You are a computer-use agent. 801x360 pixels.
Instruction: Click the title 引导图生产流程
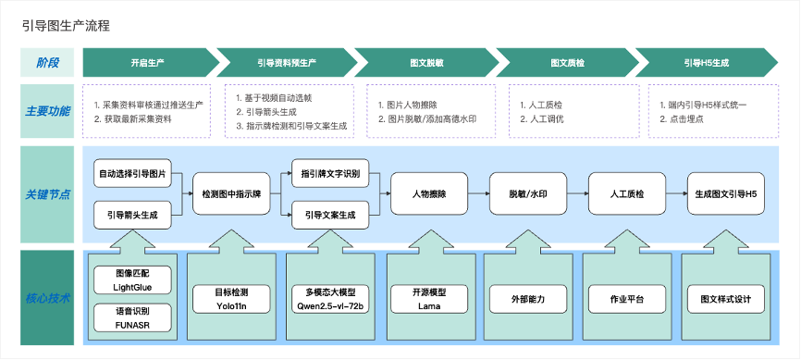[66, 26]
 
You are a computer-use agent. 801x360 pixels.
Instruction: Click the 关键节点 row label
[47, 195]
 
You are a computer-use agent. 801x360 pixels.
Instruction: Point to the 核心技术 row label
[47, 298]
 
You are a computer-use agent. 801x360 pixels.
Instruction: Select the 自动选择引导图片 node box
[133, 174]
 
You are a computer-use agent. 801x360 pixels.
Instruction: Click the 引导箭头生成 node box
[133, 215]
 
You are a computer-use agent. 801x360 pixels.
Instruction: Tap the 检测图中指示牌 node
[231, 193]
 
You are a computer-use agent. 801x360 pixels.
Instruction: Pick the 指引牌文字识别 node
[330, 174]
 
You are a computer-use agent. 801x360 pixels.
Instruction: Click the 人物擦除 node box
[429, 193]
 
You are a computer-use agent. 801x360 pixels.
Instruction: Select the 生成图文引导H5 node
[726, 193]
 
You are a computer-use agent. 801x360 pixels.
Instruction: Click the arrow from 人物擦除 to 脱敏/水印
[479, 193]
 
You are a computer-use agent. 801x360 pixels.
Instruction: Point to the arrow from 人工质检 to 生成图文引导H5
[676, 193]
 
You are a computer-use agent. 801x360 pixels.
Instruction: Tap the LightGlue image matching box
[133, 279]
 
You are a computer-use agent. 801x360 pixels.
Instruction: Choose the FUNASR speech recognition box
[133, 317]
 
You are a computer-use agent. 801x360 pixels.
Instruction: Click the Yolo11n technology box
[231, 299]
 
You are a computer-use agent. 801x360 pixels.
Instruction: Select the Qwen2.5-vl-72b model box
[330, 299]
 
